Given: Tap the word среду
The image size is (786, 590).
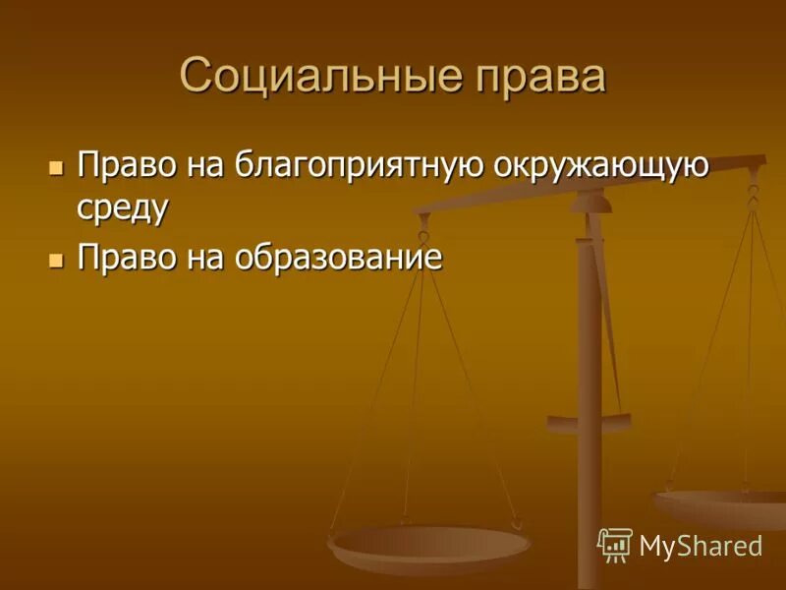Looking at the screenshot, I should coord(123,208).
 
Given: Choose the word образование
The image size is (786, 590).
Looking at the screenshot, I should coord(339,258).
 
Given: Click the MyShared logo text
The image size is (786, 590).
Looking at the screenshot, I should coord(700,546).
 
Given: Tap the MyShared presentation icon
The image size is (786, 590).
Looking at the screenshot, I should coord(615,544).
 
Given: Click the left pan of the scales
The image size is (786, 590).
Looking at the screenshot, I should coord(429,544).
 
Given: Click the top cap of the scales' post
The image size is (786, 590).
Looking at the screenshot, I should coord(590,201).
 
